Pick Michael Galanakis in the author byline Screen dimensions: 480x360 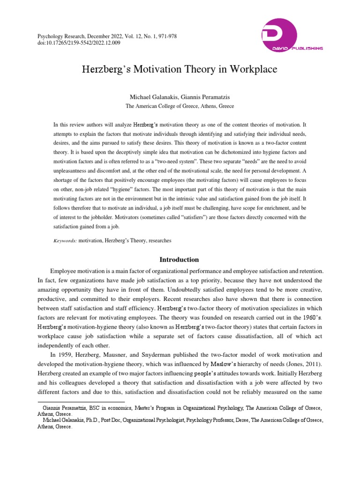coord(150,97)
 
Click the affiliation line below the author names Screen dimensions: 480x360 coord(180,106)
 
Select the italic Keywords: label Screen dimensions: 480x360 coord(65,240)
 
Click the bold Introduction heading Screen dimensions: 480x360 coord(180,260)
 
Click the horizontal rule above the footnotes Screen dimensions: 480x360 coord(81,402)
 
